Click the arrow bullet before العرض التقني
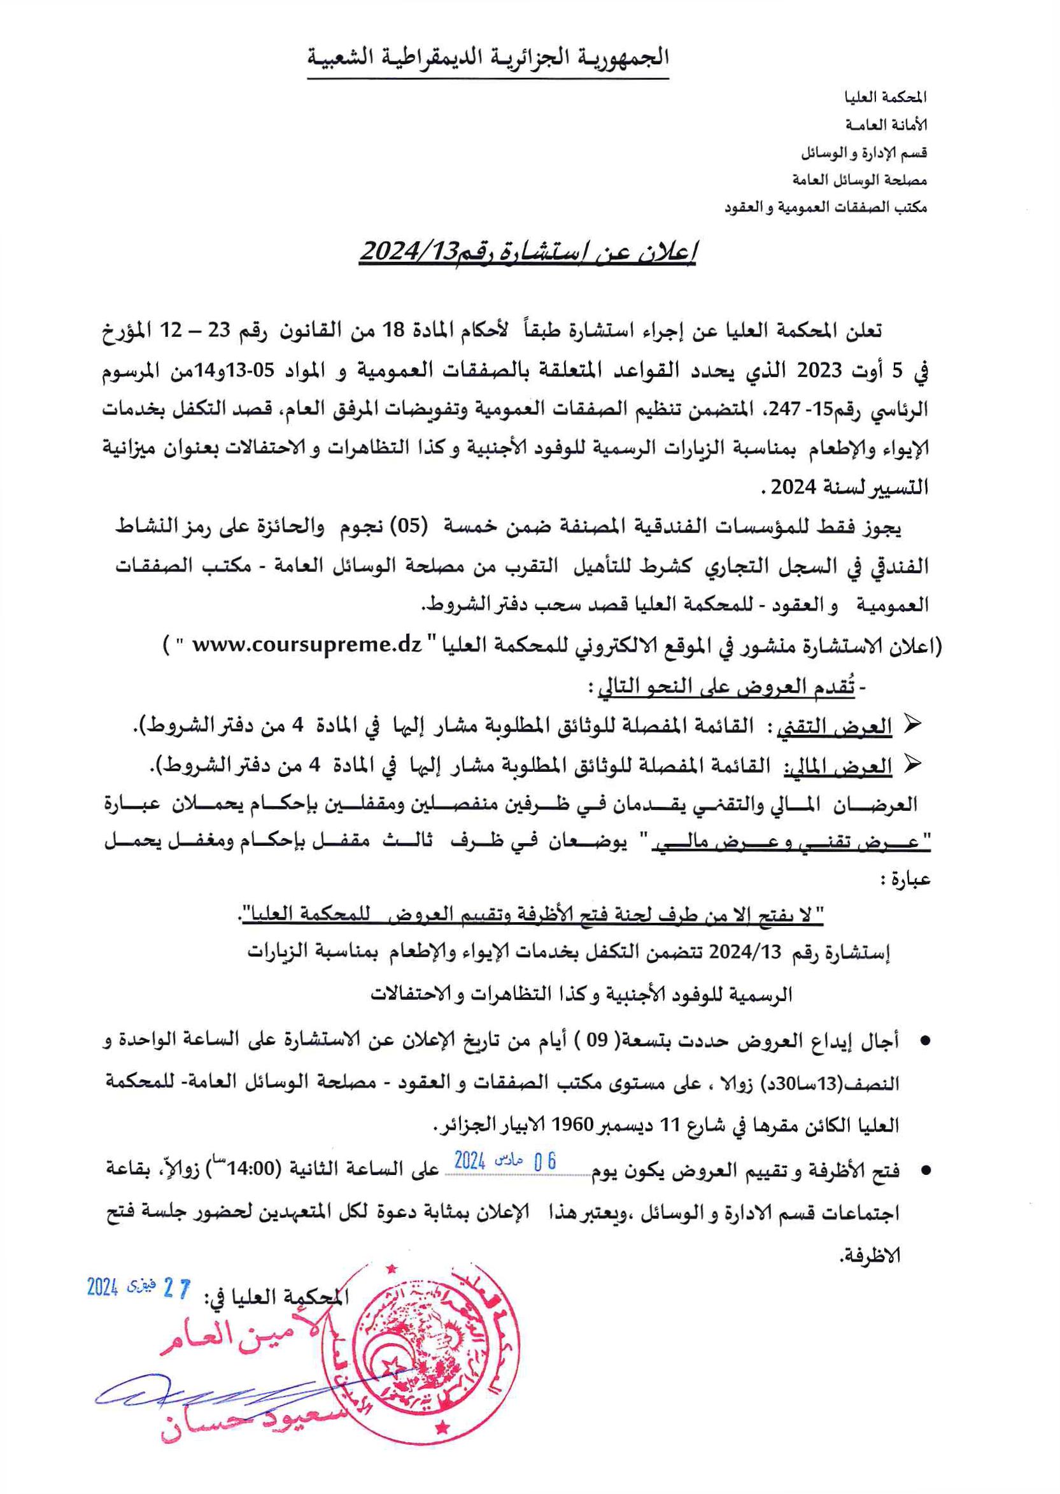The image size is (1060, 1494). pyautogui.click(x=914, y=725)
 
